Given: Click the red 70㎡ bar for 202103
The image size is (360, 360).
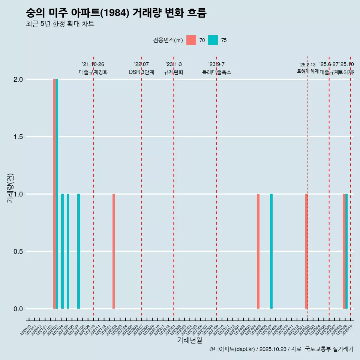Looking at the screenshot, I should click(54, 194).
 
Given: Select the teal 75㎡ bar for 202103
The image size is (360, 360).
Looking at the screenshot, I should click(57, 194).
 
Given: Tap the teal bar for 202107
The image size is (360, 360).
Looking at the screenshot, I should click(78, 251).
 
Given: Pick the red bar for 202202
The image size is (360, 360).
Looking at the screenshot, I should click(114, 251).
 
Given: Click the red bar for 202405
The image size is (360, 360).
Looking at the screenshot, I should click(258, 251).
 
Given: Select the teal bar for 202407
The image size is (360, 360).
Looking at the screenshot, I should click(271, 251).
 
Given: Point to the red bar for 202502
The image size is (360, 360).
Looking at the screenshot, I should click(306, 251).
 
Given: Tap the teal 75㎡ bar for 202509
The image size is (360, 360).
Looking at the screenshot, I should click(346, 251).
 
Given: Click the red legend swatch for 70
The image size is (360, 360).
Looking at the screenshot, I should click(191, 40).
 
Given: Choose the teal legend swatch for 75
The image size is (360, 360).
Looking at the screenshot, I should click(213, 40).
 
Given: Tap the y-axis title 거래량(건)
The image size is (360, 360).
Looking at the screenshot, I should click(10, 188).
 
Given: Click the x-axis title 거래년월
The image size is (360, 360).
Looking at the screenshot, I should click(189, 340).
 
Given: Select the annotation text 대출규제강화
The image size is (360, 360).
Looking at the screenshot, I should click(93, 72).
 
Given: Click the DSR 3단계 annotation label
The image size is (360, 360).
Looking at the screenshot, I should click(141, 72).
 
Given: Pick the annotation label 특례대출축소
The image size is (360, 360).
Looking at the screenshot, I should click(216, 72).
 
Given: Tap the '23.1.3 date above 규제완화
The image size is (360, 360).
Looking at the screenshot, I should click(174, 64).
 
